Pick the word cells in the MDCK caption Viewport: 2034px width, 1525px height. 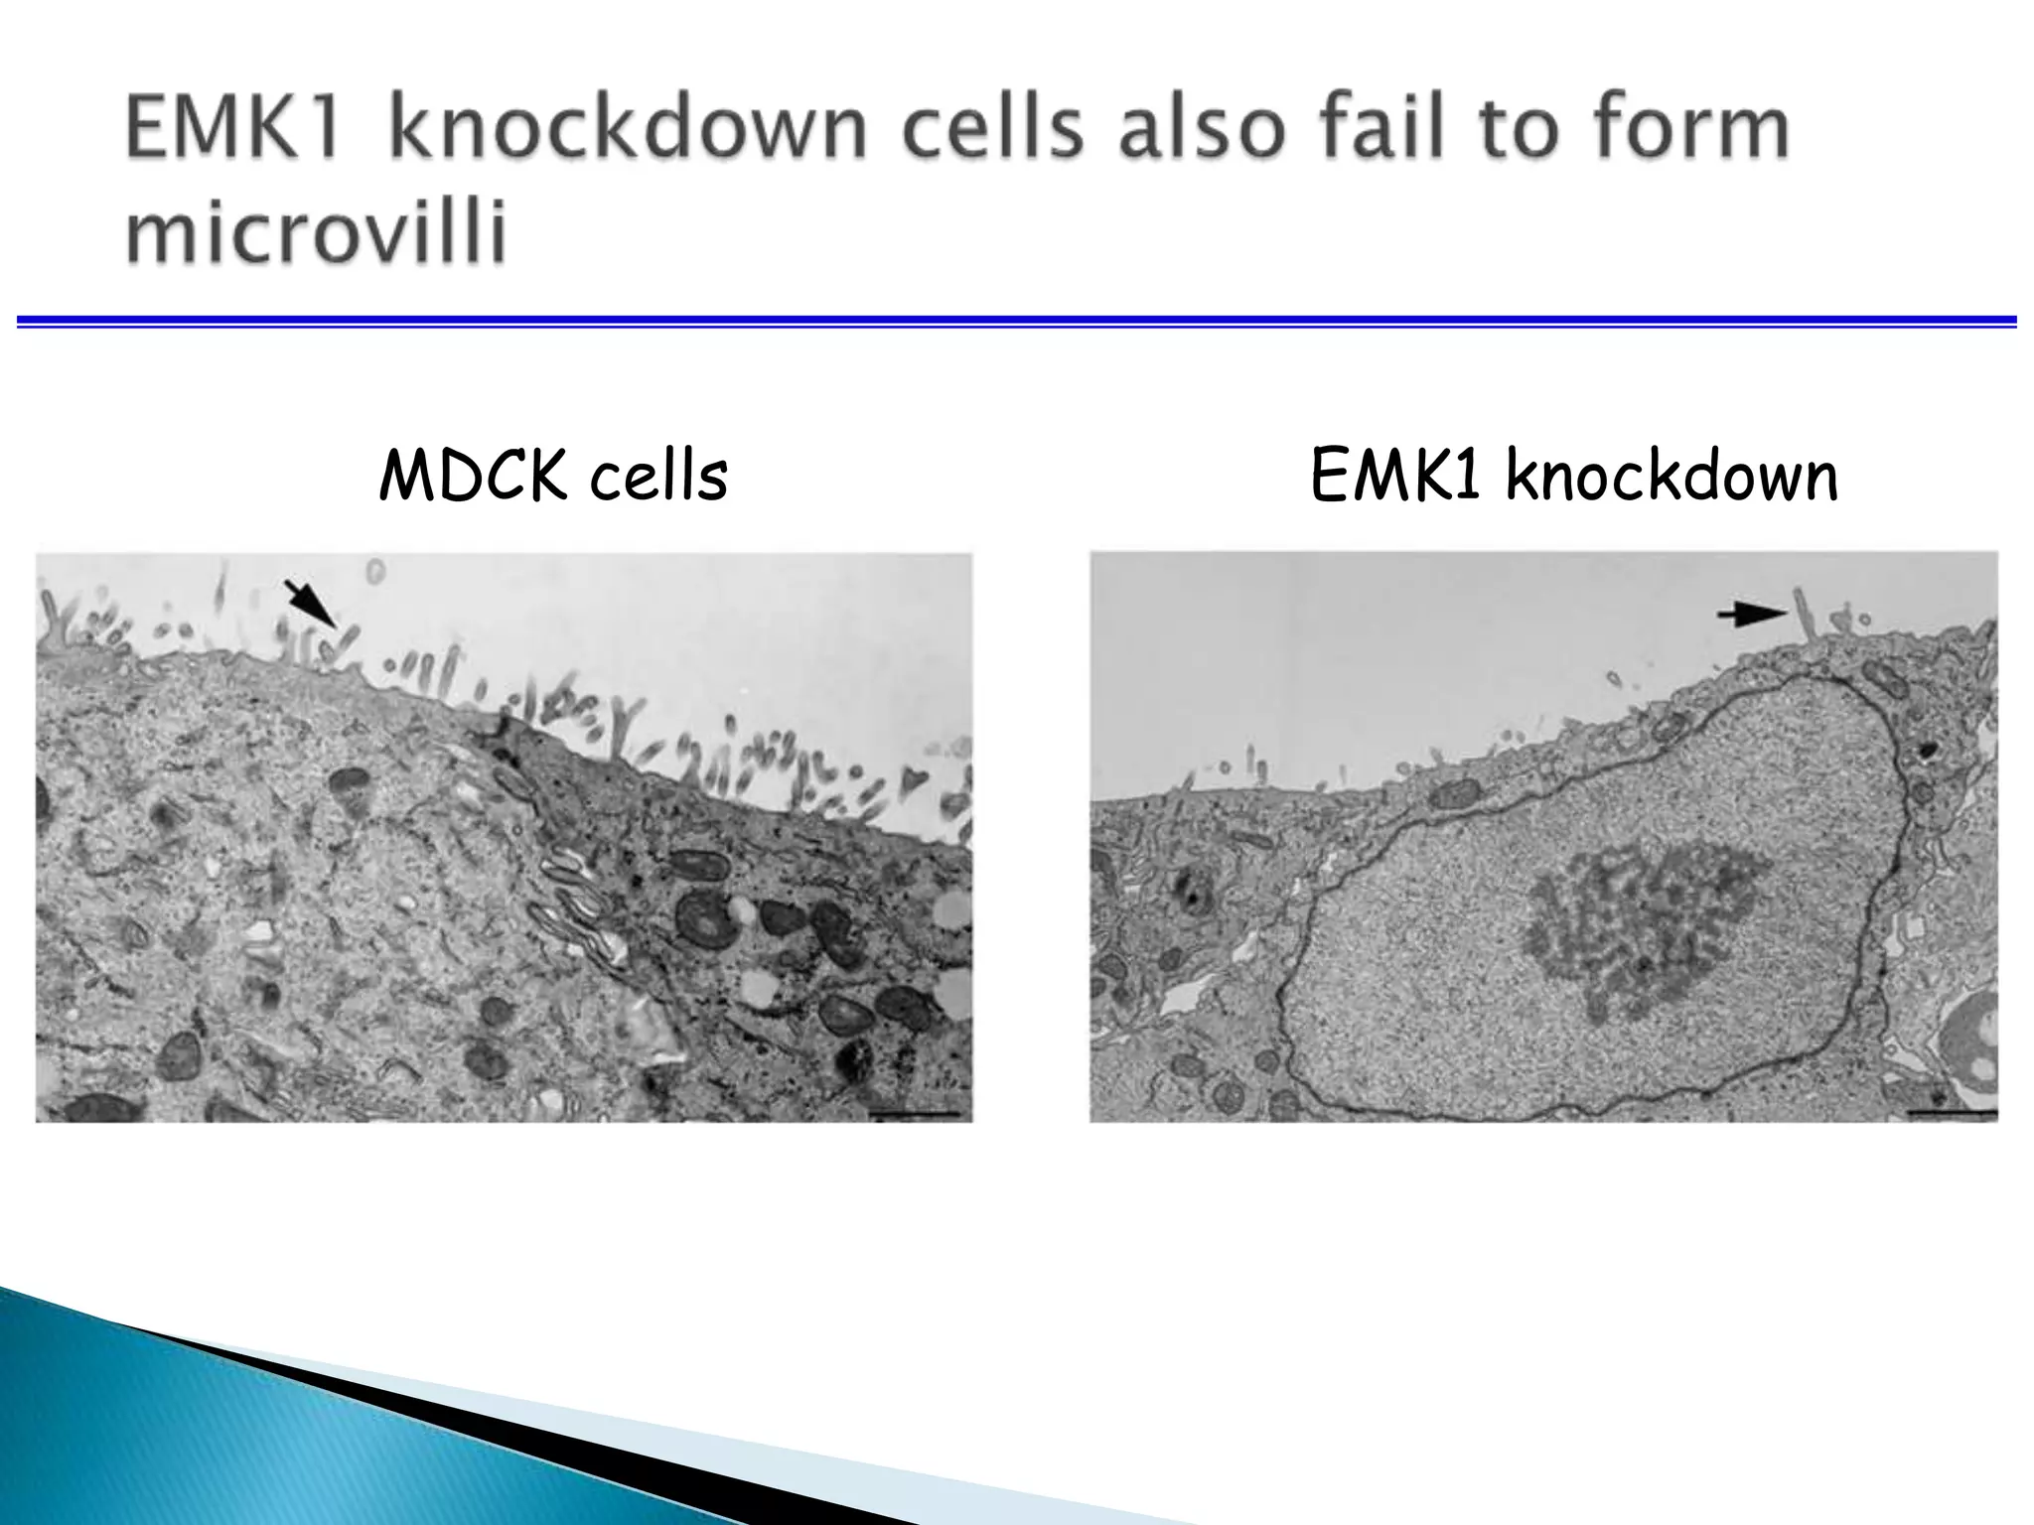coord(658,477)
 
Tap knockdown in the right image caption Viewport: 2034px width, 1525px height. coord(1671,477)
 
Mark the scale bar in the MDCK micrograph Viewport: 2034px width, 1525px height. coord(914,1115)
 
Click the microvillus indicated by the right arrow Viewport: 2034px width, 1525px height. coord(1806,616)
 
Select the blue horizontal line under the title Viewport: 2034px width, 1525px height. coord(1017,321)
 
